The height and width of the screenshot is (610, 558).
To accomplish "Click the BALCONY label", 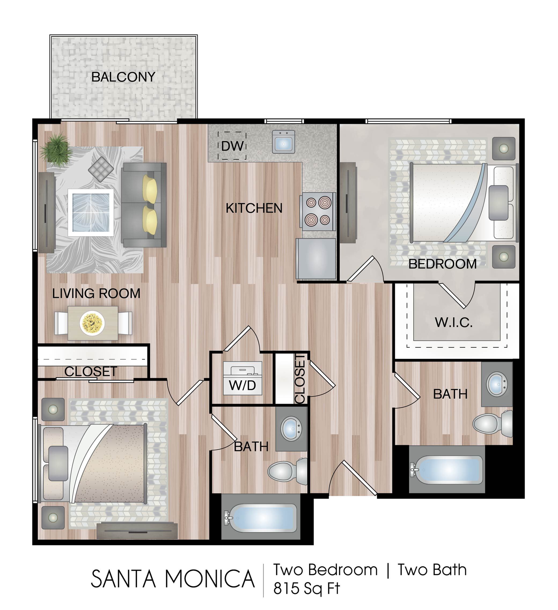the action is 123,77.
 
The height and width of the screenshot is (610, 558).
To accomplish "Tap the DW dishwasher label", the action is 232,146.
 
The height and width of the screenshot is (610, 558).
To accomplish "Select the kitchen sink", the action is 283,142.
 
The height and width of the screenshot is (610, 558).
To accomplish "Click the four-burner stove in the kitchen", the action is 318,211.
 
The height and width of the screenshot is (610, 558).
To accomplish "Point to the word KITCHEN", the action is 254,208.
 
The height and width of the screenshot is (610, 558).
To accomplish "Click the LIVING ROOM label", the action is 96,293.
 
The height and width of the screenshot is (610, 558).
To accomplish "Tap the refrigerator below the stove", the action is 316,259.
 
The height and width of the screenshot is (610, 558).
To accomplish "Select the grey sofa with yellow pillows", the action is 144,205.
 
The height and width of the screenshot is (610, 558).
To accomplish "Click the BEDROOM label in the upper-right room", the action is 442,264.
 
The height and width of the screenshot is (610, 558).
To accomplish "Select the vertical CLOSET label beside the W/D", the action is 300,379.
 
